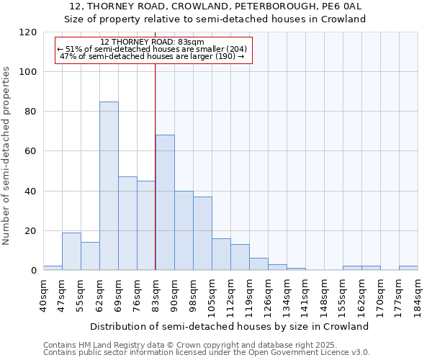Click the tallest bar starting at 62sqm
(109, 186)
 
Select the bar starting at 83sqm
(165, 202)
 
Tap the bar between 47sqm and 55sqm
(71, 251)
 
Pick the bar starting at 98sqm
(202, 233)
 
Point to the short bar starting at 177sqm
(408, 268)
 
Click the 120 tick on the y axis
(28, 32)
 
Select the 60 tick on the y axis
(31, 151)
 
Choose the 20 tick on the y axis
(31, 231)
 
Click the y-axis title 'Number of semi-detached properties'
(7, 155)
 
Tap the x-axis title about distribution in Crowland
(230, 326)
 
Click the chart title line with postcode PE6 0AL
(216, 6)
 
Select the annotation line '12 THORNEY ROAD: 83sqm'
(153, 42)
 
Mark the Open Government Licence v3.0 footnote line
(207, 353)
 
